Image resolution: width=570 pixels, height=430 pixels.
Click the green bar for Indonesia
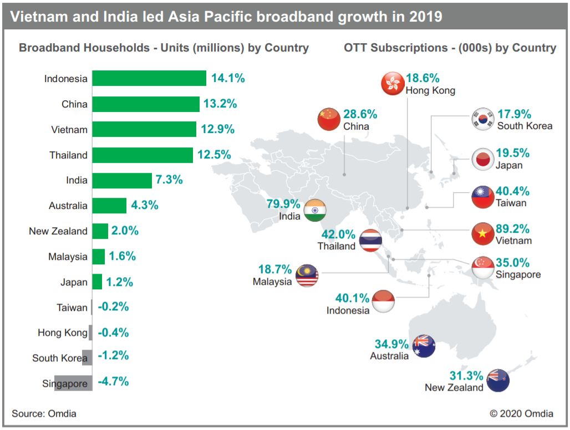[x=149, y=78]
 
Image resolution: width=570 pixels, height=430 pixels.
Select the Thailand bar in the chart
[x=142, y=155]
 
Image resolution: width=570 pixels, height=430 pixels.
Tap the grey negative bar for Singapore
[x=73, y=383]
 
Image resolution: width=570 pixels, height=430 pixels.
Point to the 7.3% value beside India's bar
[x=170, y=180]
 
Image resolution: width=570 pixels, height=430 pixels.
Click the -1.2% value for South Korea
[x=113, y=356]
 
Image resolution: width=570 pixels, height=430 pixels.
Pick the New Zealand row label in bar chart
[x=58, y=231]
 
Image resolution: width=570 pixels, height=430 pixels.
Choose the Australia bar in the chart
[x=109, y=206]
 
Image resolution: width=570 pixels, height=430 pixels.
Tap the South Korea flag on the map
[x=481, y=119]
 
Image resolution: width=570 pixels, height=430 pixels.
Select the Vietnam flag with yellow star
[x=482, y=234]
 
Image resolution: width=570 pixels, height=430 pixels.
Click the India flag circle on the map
[x=315, y=210]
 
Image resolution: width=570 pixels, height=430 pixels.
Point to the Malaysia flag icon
[x=307, y=275]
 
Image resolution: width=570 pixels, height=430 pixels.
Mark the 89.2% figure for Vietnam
[x=512, y=229]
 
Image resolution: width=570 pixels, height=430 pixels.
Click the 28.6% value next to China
[x=360, y=115]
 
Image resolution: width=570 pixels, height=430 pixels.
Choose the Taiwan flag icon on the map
[x=482, y=196]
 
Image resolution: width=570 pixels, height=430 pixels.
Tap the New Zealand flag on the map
[x=498, y=381]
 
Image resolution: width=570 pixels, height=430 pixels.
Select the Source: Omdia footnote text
[x=44, y=413]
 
